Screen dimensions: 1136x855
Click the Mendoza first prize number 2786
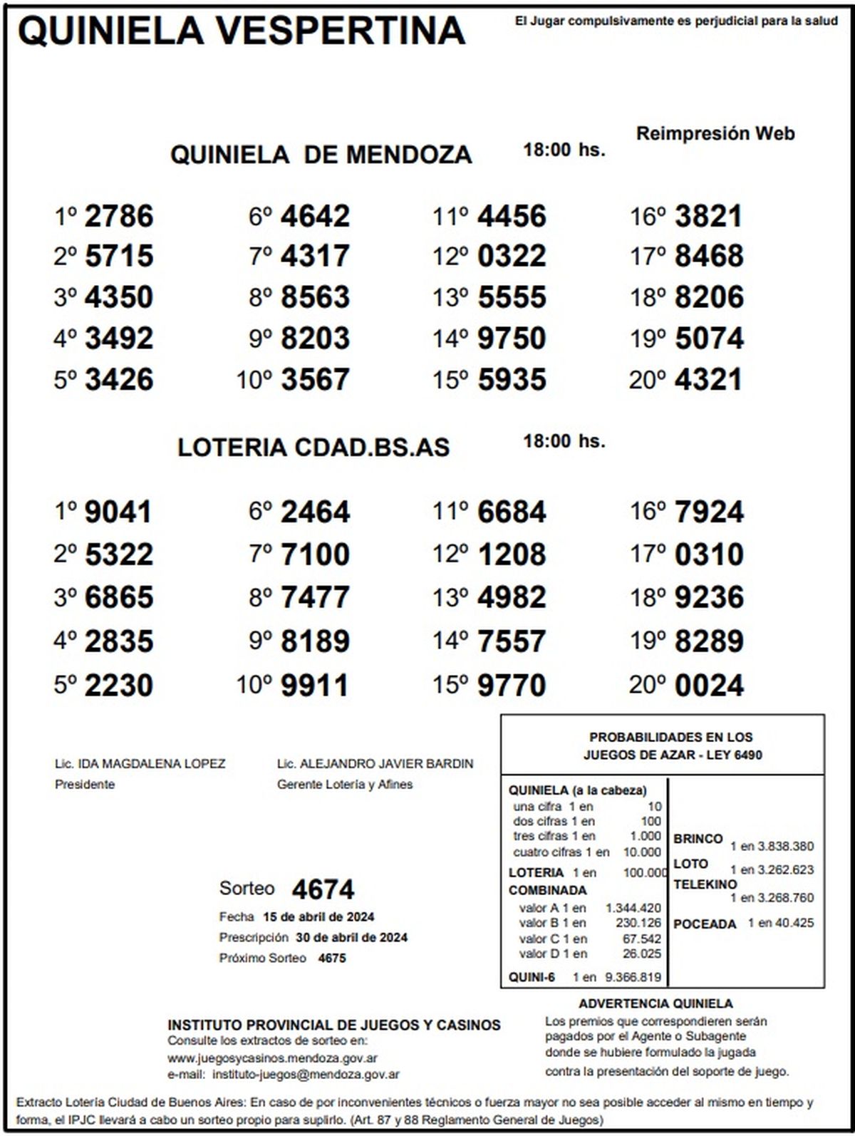point(118,216)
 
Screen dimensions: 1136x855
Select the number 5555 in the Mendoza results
point(512,297)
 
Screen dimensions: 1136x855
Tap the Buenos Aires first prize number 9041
point(118,512)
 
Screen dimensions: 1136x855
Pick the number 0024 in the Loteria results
point(708,686)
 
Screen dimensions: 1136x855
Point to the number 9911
point(315,686)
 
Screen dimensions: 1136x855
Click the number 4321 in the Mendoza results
point(708,379)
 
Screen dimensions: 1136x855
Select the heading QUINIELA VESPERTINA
point(242,31)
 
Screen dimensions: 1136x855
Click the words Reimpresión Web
point(715,133)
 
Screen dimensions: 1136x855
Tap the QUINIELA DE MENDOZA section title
point(321,154)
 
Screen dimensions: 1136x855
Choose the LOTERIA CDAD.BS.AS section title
point(313,447)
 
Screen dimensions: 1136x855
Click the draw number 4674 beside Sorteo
point(323,889)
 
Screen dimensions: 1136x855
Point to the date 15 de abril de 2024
point(318,916)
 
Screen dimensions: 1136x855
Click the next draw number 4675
point(332,958)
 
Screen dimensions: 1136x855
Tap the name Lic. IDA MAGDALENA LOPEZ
point(140,764)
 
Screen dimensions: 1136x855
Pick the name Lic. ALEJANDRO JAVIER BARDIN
point(375,764)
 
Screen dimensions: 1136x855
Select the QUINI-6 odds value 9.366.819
point(633,977)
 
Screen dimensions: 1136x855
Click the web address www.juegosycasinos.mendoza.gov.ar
point(272,1058)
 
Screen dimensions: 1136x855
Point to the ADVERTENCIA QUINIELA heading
point(655,1003)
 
